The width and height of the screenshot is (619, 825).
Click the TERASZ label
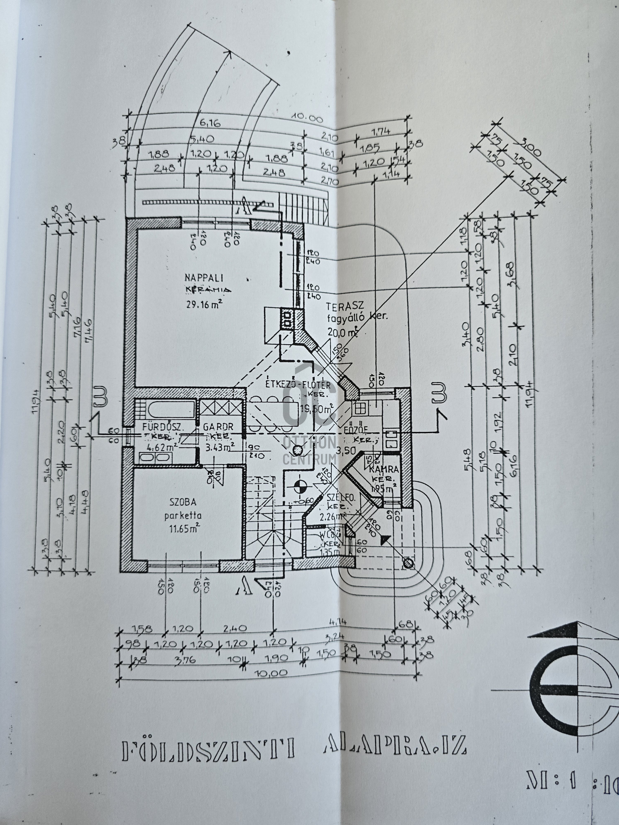(345, 306)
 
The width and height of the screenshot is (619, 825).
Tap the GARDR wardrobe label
(218, 427)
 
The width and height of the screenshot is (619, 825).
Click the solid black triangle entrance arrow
(386, 540)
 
